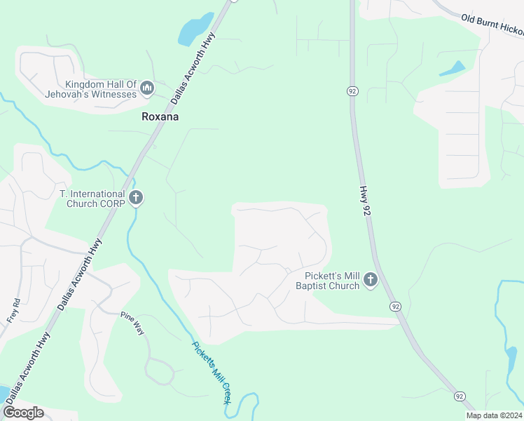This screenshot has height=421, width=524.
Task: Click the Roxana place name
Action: tap(160, 116)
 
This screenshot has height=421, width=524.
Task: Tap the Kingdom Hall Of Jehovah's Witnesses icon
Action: tap(146, 88)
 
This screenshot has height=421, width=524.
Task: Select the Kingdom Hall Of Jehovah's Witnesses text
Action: tap(91, 89)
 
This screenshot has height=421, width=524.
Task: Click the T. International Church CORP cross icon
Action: tap(136, 199)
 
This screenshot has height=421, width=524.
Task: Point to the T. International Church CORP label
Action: tap(92, 199)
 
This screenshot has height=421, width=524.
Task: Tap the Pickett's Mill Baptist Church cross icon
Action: tap(371, 281)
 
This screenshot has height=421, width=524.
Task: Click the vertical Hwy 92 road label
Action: tap(364, 200)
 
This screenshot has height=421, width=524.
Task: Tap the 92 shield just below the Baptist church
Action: tap(396, 306)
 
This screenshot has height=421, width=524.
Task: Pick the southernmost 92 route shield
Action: tap(459, 396)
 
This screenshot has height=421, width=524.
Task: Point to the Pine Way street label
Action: tap(132, 323)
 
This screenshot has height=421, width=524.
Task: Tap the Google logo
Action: tap(23, 413)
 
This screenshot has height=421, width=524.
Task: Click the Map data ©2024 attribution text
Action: tap(493, 415)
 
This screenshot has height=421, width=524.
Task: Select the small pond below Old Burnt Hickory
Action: tap(452, 69)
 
